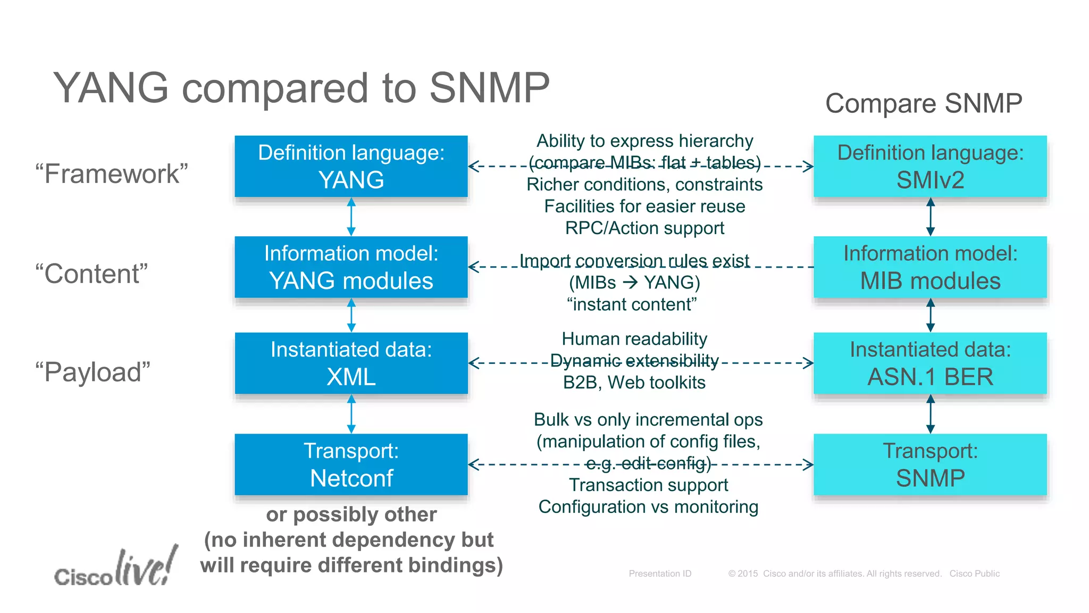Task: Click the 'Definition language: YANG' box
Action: pos(351,166)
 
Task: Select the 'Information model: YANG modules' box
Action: pos(351,267)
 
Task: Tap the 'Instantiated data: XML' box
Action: pos(351,363)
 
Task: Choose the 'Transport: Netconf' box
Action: pos(351,465)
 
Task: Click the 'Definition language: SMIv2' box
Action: pos(930,166)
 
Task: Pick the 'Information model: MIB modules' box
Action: pos(930,267)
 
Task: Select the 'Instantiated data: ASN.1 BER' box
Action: pos(930,363)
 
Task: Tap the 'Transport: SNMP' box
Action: pos(930,465)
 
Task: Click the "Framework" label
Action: pos(112,174)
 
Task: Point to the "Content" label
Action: pos(91,274)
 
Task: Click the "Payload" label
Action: pos(93,372)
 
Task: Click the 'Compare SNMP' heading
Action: pos(924,103)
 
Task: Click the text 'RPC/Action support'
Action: pos(644,228)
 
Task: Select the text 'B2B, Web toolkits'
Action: pos(634,383)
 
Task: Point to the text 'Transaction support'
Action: pos(648,485)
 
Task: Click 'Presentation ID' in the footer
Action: pos(660,574)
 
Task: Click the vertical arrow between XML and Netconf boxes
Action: pos(351,414)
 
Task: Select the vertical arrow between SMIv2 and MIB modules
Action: pos(930,217)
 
